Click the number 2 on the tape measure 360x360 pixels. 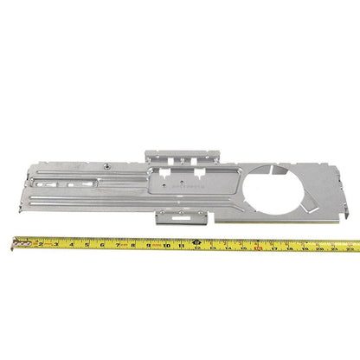41,244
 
